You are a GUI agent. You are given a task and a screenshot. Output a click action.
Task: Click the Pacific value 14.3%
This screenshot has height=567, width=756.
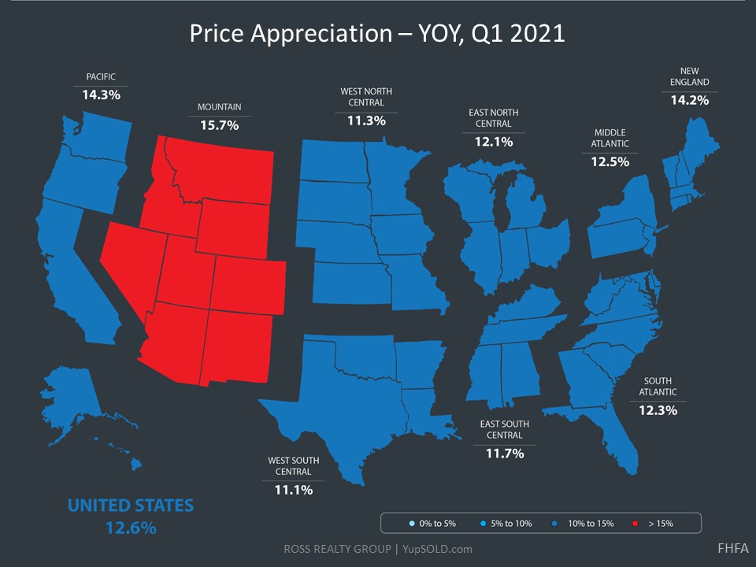click(102, 94)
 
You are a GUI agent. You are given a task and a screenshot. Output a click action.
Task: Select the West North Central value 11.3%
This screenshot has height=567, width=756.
click(366, 120)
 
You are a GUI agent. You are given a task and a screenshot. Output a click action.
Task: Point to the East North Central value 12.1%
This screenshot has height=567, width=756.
click(494, 142)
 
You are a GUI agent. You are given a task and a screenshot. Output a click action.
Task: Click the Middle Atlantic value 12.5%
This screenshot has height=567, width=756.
click(610, 161)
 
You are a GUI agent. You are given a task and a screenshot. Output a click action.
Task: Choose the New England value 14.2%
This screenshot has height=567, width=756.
click(690, 100)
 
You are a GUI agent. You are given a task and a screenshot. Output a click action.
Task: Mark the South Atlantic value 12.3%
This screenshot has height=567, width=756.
click(658, 409)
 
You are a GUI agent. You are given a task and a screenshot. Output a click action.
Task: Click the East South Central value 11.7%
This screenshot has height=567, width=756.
click(504, 453)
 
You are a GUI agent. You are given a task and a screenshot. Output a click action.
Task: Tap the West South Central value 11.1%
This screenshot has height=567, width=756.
click(294, 489)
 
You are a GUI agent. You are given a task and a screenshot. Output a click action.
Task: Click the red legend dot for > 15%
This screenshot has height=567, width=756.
click(634, 523)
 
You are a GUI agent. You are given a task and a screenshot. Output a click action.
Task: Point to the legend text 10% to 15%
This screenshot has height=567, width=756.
click(590, 523)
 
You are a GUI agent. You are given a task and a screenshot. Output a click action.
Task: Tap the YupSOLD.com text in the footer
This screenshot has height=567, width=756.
click(439, 549)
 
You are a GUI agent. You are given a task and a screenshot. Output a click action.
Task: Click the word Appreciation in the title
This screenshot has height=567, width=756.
click(316, 35)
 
